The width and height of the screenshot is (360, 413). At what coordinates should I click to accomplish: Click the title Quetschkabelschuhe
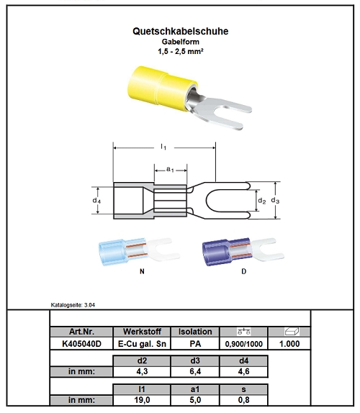pos(180,31)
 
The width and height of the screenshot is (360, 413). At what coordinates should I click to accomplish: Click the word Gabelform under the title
pos(180,42)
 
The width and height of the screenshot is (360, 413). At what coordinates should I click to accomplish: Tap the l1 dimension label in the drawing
pos(163,147)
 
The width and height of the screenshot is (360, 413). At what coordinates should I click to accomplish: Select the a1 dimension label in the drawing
pos(170,169)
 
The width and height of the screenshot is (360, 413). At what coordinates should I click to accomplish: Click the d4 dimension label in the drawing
pos(96,201)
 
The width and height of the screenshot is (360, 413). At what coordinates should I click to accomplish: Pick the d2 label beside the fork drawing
pos(261,201)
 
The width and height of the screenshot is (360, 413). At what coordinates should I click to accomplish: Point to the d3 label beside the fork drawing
pos(275,201)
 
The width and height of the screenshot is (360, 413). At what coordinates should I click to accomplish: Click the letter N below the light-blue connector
pos(142,271)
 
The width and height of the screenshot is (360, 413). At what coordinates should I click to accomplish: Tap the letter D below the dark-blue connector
pos(244,271)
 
